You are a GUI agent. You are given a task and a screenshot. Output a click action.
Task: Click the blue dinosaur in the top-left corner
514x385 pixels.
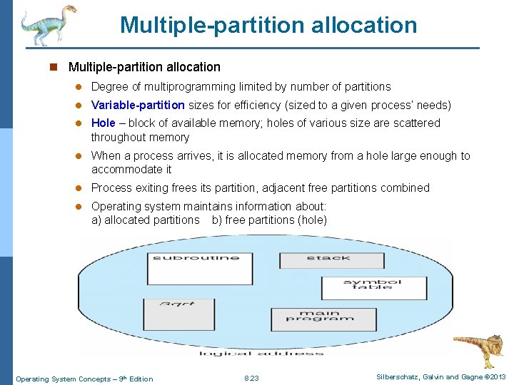pos(46,25)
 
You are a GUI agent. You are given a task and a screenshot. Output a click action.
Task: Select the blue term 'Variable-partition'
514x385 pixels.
pos(138,106)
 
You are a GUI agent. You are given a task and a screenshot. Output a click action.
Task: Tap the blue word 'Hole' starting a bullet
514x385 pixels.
pos(103,123)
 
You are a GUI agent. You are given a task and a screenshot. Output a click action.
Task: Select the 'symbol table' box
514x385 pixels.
pos(363,287)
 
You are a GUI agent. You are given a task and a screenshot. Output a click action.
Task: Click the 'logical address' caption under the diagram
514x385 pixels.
pos(261,353)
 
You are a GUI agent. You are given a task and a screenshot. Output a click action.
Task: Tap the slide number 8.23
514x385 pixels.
pos(251,379)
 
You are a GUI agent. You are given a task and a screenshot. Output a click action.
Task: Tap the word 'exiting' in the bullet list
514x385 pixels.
pos(151,188)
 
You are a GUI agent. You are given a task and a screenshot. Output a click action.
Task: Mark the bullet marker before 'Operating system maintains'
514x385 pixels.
pos(81,206)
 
